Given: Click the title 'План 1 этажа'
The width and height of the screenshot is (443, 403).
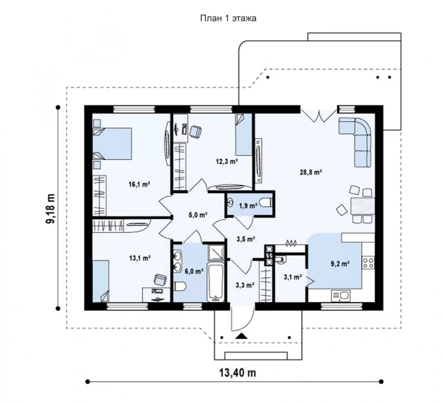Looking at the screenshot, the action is [x=228, y=18].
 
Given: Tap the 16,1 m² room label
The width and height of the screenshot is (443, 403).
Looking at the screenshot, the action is [x=139, y=185].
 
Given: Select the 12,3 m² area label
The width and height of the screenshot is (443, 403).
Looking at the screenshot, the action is [x=226, y=162].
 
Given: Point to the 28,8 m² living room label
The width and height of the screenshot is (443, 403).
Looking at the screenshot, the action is [x=311, y=172].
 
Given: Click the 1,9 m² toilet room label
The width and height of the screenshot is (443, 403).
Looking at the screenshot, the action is [x=248, y=206].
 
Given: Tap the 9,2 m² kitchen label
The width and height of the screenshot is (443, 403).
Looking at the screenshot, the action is [x=340, y=264].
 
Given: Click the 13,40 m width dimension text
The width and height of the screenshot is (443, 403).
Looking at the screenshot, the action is [x=237, y=373].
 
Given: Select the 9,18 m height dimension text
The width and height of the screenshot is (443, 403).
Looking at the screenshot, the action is [x=51, y=209].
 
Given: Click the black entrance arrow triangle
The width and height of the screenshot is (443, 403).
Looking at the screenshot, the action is [x=241, y=336].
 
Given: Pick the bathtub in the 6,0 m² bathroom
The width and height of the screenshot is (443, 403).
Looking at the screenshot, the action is [x=216, y=282].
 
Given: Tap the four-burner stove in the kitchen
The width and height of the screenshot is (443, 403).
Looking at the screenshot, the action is [x=369, y=262].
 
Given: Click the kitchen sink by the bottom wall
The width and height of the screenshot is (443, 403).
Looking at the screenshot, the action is [x=341, y=296].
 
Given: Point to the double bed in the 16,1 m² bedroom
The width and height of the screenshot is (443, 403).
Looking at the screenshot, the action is [x=113, y=144].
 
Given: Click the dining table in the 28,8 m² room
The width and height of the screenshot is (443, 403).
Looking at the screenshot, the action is [x=363, y=206].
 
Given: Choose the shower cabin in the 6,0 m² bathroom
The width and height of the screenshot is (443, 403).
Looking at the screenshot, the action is [x=216, y=252].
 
